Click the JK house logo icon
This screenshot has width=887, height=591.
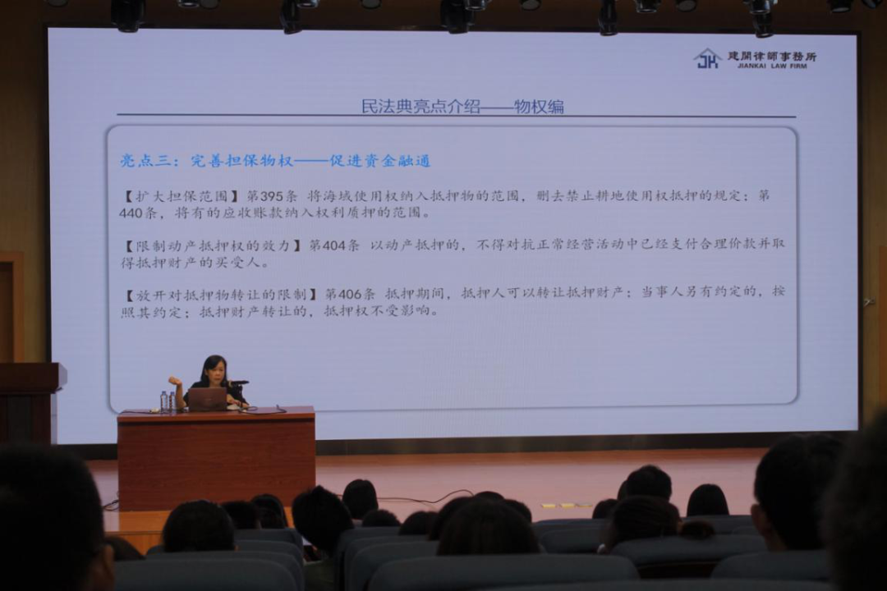point(707,58)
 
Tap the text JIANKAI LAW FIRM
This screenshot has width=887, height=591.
point(771,66)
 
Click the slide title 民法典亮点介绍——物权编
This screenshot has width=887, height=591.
point(462,107)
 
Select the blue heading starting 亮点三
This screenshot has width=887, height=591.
point(275,161)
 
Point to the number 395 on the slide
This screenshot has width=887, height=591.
point(272,196)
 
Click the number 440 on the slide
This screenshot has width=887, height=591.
point(131,213)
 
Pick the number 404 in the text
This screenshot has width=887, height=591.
point(333,245)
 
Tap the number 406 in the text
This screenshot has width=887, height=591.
point(349,294)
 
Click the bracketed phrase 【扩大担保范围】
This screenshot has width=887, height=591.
point(182,196)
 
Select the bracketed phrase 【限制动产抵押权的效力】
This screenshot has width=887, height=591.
point(214,245)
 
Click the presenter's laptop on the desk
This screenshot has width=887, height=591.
point(207,399)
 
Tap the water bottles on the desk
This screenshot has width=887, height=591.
point(168,401)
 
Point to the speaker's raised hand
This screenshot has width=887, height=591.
point(175,381)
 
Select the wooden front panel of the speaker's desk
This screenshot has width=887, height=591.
point(216,464)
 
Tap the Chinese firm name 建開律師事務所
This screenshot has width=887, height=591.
point(772,56)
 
